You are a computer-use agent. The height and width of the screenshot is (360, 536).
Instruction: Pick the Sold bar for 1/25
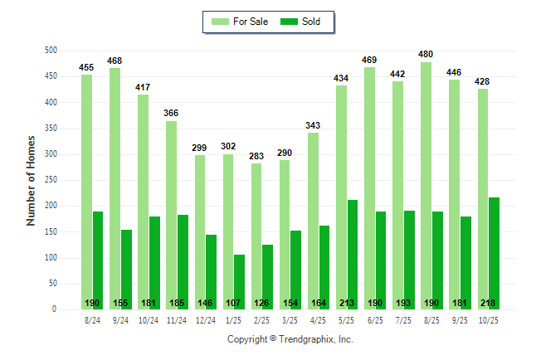pos(240,282)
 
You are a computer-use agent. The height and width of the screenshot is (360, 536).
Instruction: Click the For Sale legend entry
pos(241,22)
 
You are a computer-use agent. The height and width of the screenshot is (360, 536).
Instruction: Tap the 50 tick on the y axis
pos(51,284)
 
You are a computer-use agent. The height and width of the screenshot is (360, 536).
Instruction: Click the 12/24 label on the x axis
pos(206,321)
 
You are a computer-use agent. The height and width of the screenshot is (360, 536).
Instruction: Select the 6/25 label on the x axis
pos(375,321)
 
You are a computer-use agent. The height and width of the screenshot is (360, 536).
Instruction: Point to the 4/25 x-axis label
pos(319,321)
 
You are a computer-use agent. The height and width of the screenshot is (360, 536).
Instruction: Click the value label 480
pos(426,55)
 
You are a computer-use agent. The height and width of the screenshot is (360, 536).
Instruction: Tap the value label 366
pos(172,113)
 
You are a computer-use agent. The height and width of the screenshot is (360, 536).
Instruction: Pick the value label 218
pos(494,303)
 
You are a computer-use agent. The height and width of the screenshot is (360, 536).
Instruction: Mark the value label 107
pos(239,303)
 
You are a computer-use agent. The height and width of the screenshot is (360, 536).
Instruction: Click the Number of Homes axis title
pos(31,180)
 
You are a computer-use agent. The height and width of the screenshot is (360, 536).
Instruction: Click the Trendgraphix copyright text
pos(290,339)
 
